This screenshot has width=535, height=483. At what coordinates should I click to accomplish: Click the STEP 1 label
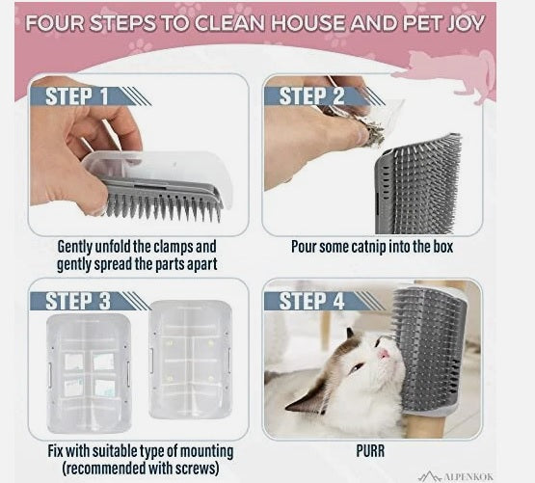[77, 96]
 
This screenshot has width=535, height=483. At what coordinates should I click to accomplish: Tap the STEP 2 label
[311, 95]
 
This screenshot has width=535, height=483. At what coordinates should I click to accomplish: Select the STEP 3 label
[78, 301]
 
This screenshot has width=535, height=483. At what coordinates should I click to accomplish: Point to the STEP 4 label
[311, 301]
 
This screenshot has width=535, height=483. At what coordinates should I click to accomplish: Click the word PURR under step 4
[370, 451]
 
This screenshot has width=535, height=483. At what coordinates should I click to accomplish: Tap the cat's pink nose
[384, 354]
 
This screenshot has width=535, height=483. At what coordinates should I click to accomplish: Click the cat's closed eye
[357, 367]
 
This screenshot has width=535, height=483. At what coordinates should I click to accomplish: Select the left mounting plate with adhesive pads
[89, 373]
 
